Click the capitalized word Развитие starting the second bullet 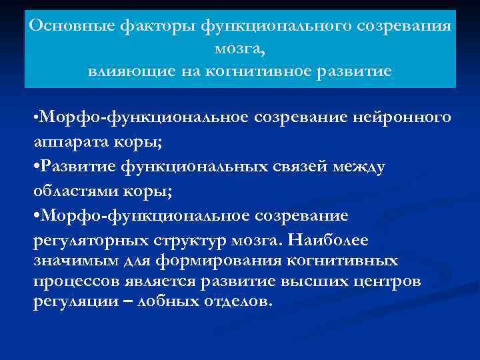(79, 167)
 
